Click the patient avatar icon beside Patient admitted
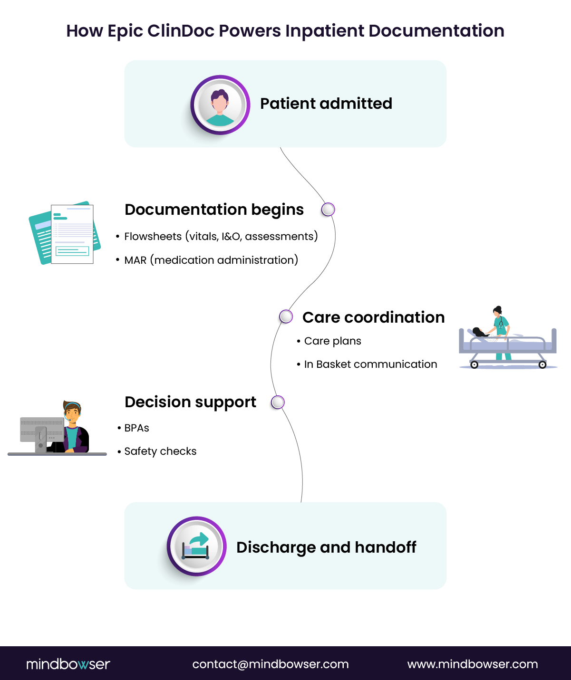point(220,105)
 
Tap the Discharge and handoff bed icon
point(196,546)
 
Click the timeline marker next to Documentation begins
point(328,210)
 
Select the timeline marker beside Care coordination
point(286,316)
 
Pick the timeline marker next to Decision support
point(278,402)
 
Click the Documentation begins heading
point(214,210)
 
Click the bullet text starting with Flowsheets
point(221,237)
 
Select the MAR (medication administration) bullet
point(211,260)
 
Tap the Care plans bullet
point(332,341)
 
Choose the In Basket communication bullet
point(370,364)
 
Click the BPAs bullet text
point(136,428)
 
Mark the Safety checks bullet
point(160,451)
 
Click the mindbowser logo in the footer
point(68,664)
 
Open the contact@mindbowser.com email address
point(271,664)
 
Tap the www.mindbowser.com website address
point(473,664)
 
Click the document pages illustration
point(65,233)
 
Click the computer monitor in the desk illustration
point(42,430)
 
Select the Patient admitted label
point(326,104)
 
